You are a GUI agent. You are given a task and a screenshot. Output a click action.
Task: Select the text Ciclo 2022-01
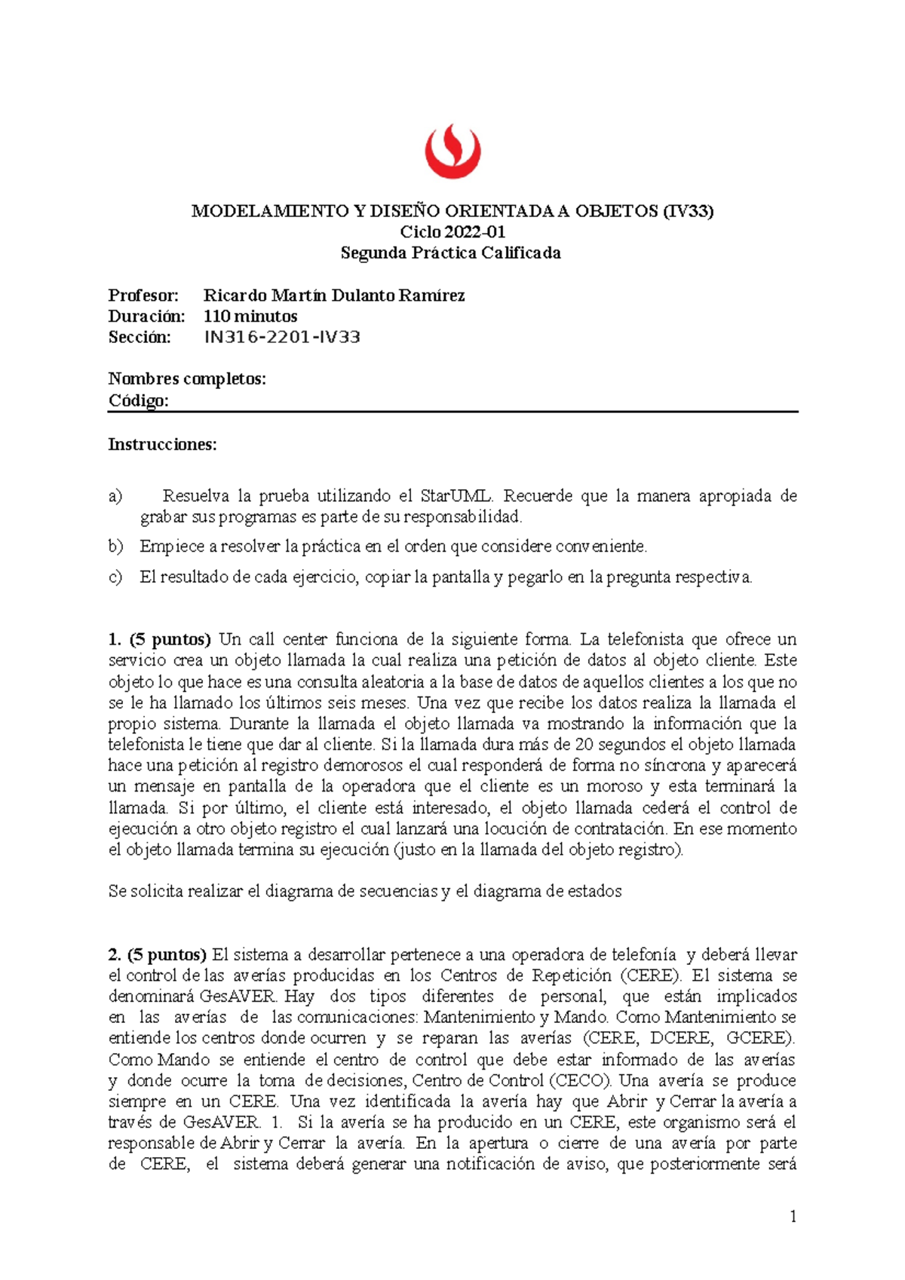pos(452,232)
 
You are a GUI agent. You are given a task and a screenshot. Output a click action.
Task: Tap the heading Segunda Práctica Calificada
pos(451,253)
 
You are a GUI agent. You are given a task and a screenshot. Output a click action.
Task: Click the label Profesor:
pos(143,296)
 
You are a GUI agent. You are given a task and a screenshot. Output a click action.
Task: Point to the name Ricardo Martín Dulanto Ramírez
pos(334,296)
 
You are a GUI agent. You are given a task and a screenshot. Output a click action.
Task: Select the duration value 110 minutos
pos(250,317)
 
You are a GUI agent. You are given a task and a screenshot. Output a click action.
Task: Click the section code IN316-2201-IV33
pos(282,337)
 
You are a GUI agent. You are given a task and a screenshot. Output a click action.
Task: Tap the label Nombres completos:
pos(187,378)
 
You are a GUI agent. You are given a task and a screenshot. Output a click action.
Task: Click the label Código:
pos(138,400)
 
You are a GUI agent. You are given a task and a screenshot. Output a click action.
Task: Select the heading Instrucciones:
pos(162,445)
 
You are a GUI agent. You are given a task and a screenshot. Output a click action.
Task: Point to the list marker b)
pos(115,546)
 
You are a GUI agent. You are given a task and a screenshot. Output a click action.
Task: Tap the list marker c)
pos(115,577)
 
